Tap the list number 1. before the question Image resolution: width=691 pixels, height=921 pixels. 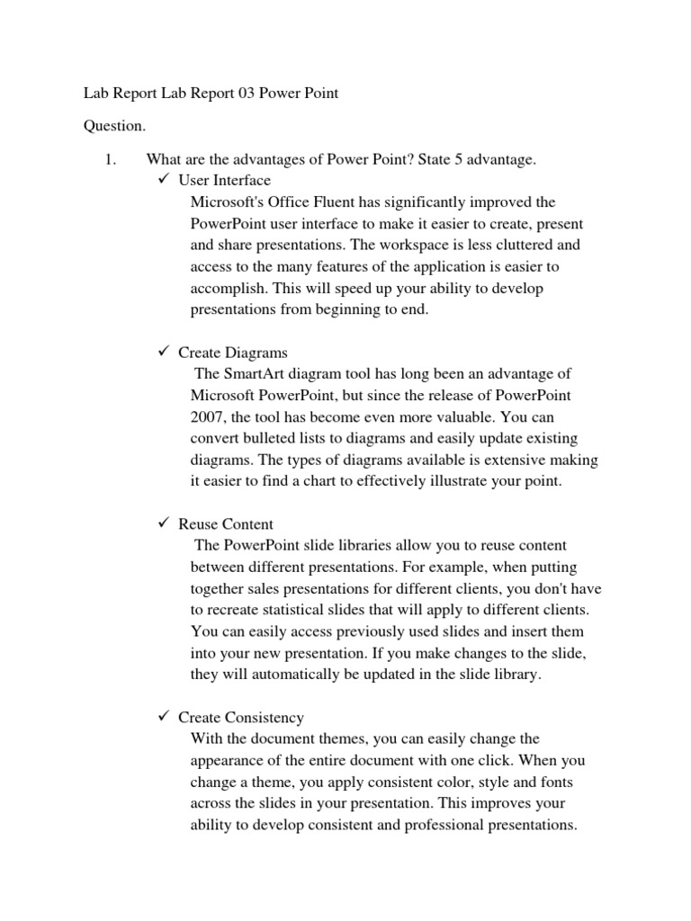click(112, 160)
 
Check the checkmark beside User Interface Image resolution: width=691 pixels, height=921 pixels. click(164, 181)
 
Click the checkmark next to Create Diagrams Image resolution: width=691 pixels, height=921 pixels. click(164, 353)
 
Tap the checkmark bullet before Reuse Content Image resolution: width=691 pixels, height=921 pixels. click(164, 524)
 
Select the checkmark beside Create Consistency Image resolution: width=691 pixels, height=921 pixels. click(164, 718)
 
